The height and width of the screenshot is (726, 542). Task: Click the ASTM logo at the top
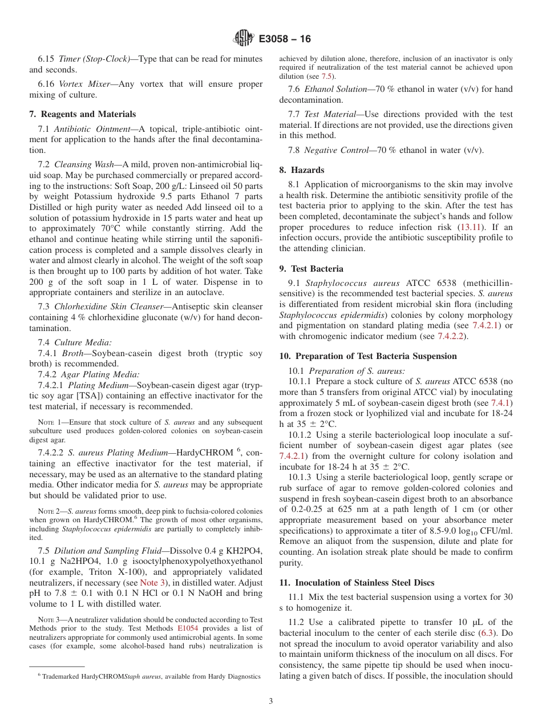[x=244, y=39]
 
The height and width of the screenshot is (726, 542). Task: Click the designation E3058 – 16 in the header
[x=285, y=39]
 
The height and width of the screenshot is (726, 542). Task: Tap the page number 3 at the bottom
[x=270, y=701]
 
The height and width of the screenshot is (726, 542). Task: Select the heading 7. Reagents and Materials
[x=83, y=114]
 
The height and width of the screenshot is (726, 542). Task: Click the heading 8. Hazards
[x=302, y=170]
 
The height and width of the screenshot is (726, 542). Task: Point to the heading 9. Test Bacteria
[x=312, y=268]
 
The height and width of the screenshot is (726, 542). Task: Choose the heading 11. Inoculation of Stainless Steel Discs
[x=357, y=582]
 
